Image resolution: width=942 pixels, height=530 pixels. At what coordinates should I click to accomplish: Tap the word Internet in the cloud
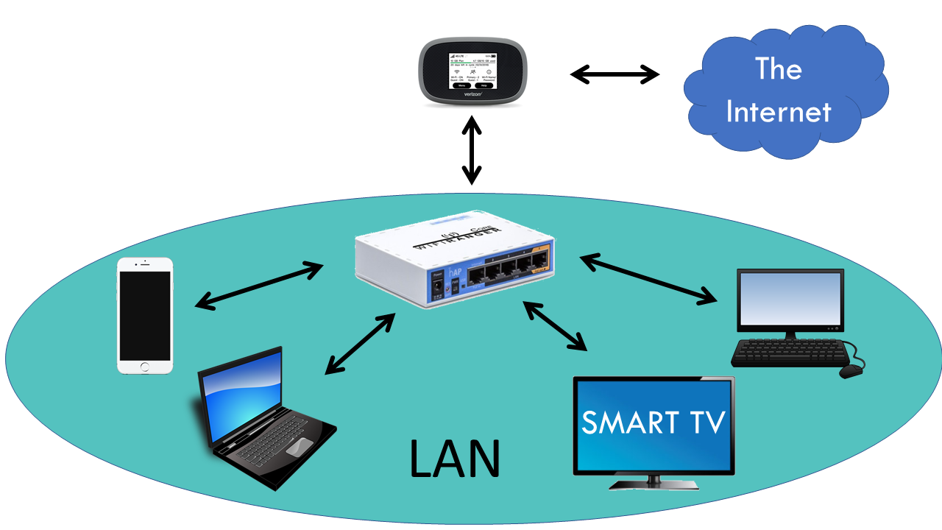click(x=778, y=112)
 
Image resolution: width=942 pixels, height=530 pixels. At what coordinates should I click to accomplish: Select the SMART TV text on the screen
click(x=654, y=423)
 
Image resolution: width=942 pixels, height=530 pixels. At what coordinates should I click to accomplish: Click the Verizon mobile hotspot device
click(x=471, y=74)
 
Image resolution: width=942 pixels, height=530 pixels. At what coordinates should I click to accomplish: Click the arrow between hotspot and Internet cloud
click(x=615, y=74)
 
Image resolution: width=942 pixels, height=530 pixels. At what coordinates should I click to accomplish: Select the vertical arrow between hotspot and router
click(x=472, y=150)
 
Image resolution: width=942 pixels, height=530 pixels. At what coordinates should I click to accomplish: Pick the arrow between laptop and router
click(x=360, y=343)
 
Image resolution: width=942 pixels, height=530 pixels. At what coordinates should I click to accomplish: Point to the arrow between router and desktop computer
click(x=648, y=278)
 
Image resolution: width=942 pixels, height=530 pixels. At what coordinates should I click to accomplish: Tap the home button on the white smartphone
click(x=145, y=366)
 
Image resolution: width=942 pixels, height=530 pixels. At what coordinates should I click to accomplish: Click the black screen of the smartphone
click(x=145, y=314)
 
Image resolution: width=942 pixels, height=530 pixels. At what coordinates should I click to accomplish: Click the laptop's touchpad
click(x=299, y=446)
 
